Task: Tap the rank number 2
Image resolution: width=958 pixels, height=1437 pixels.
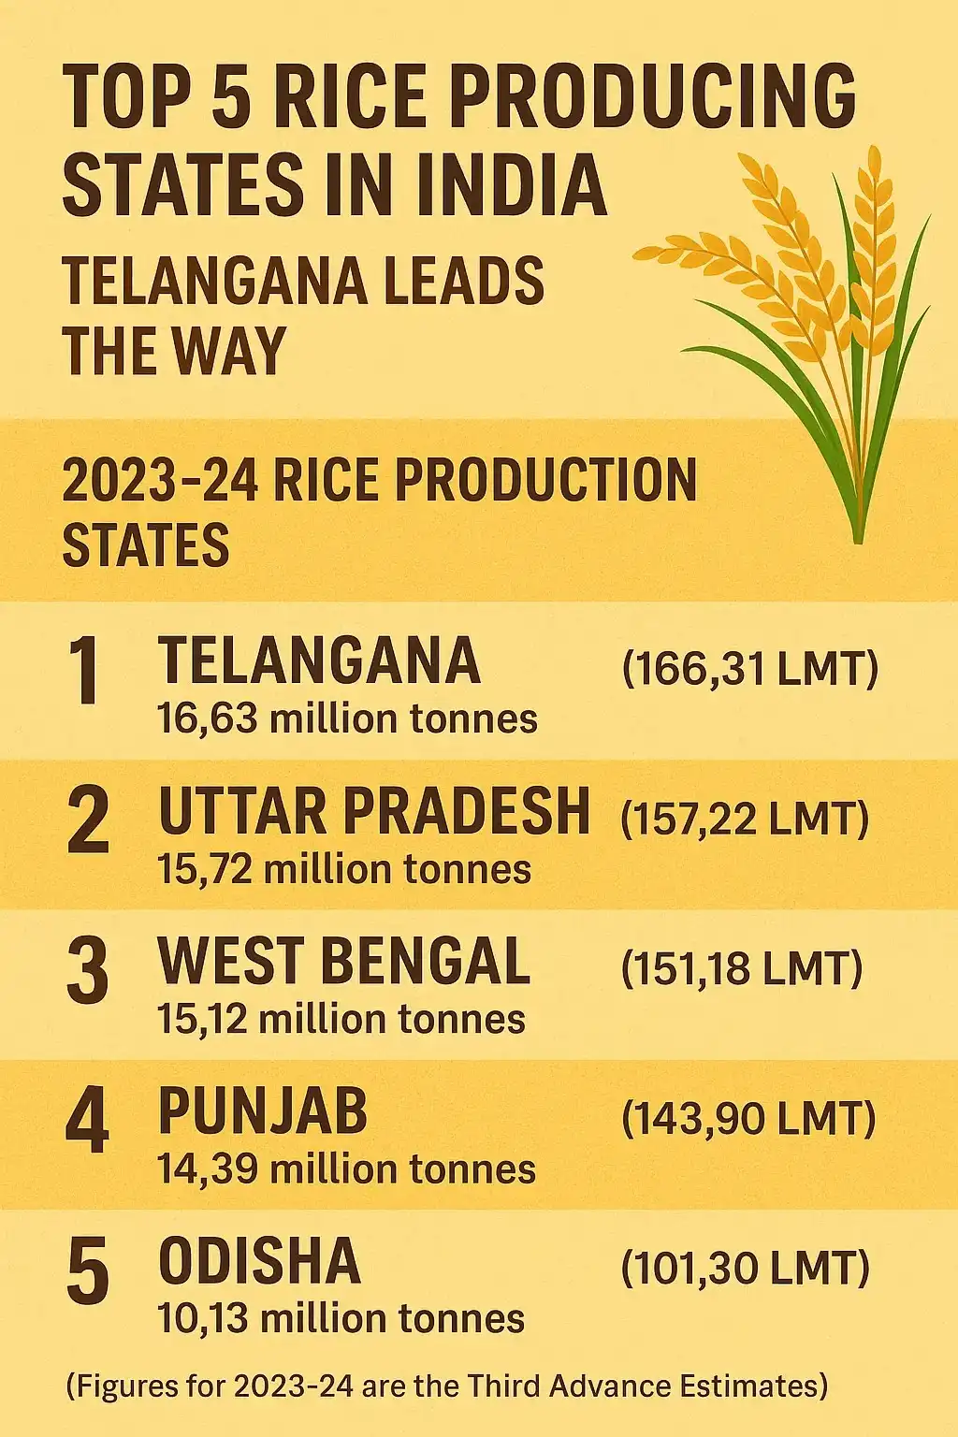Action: (88, 820)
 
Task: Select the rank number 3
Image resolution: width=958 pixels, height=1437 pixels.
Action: (88, 970)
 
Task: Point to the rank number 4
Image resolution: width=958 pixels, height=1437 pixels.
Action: (88, 1121)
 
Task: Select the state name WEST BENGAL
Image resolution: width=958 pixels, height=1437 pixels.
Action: (344, 961)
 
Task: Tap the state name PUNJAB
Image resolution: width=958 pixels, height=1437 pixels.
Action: (263, 1111)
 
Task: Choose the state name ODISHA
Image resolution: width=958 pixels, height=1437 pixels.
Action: (259, 1261)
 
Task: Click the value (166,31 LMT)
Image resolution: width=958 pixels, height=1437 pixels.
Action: (749, 670)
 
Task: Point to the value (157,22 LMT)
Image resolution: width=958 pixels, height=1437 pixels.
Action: (745, 820)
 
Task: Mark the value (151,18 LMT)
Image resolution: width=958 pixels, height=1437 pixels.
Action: (741, 969)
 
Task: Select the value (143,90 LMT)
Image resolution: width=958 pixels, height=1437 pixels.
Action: (748, 1119)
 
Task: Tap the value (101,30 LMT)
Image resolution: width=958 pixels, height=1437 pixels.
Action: (745, 1269)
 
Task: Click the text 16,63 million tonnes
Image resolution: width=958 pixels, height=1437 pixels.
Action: (348, 719)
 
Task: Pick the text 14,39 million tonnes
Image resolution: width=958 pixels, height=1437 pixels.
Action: (346, 1168)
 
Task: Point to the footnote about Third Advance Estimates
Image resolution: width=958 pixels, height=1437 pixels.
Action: (447, 1386)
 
